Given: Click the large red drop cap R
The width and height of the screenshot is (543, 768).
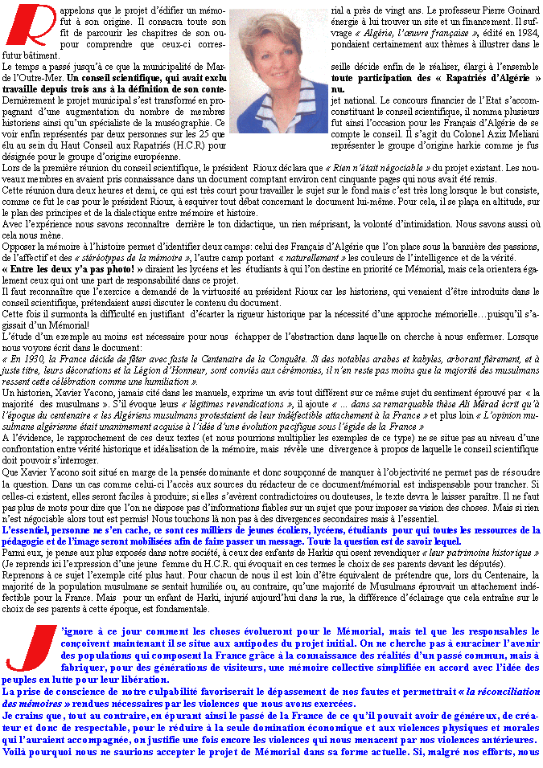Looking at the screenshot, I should [x=30, y=28].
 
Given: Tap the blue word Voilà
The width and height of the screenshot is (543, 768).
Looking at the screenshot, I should [x=17, y=754].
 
